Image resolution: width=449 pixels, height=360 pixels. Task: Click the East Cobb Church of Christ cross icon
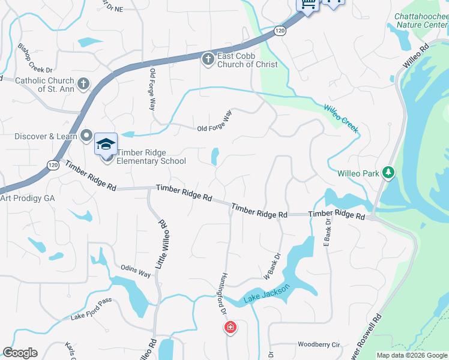coord(208,59)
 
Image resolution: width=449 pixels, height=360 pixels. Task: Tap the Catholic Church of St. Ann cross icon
coord(83,83)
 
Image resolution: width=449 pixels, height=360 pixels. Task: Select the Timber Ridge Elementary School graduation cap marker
coord(106,145)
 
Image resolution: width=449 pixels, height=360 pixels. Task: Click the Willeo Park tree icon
coord(389,173)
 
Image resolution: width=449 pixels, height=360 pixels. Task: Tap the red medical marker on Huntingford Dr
coord(230,328)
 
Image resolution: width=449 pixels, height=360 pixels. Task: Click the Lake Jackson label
coord(267,293)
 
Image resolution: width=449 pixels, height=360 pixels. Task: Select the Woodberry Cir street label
coord(319,345)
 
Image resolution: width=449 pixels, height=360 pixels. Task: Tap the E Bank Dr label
coord(328,232)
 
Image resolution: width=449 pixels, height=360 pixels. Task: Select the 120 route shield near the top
coord(280,31)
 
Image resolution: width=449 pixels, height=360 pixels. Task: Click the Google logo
coord(20,353)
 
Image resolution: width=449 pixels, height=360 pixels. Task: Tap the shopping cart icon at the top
coord(307,5)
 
